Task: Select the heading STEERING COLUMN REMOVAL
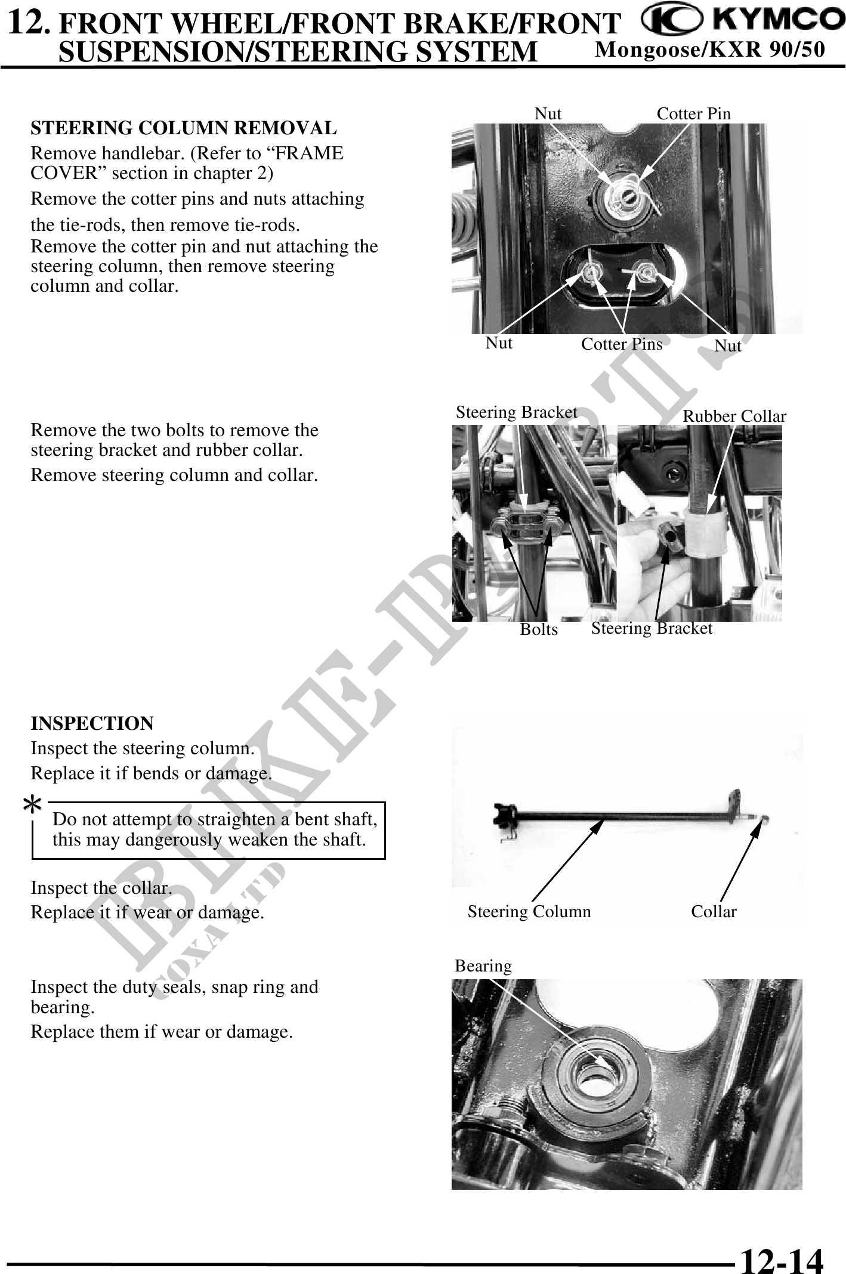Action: tap(183, 128)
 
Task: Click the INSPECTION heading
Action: tap(92, 723)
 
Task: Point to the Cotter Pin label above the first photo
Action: tap(693, 113)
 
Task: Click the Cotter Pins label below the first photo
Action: tap(622, 344)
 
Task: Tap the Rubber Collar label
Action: tap(734, 417)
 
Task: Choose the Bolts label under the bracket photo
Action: tap(539, 630)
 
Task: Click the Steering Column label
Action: tap(529, 911)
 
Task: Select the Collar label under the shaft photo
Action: tap(714, 911)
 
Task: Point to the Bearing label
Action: tap(483, 965)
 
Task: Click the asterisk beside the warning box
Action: tap(32, 806)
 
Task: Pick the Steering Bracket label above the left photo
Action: tap(516, 412)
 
